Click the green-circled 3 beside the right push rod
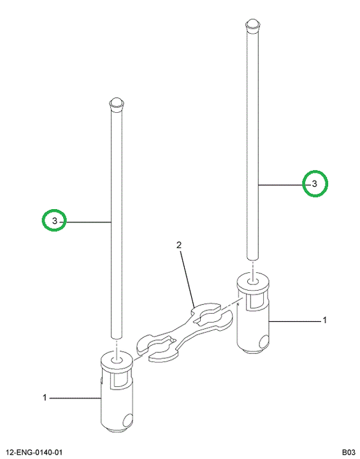(x=315, y=184)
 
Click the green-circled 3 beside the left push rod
(x=55, y=221)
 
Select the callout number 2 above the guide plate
(x=179, y=245)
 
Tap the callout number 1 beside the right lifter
(x=324, y=320)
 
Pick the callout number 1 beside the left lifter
(x=45, y=398)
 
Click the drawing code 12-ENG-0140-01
(x=34, y=452)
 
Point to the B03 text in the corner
(x=349, y=452)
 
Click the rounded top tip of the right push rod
(x=252, y=23)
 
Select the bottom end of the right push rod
(x=252, y=258)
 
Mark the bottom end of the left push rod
(x=117, y=337)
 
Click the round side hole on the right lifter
(x=264, y=340)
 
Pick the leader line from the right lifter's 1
(x=295, y=321)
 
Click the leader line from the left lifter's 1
(x=75, y=398)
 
